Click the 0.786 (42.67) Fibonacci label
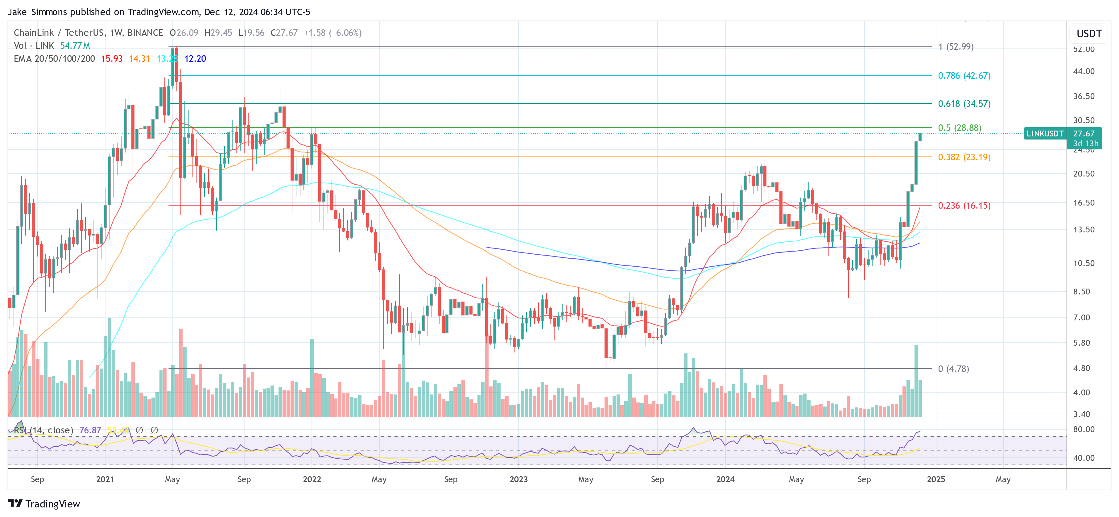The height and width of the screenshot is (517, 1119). (x=964, y=76)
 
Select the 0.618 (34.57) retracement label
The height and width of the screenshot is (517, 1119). (x=964, y=103)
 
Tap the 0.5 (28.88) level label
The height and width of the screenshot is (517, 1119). (x=959, y=128)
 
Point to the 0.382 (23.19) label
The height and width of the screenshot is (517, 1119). (x=964, y=157)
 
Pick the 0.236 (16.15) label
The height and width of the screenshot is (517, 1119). (x=964, y=205)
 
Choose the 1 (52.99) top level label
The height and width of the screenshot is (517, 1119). (x=956, y=47)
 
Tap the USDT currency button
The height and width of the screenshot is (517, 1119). (x=1088, y=34)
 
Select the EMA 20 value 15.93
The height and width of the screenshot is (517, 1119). (x=112, y=59)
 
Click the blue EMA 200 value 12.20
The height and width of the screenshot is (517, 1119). (x=195, y=59)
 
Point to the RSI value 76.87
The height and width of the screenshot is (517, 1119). (x=90, y=430)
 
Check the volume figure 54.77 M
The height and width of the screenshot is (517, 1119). (x=75, y=46)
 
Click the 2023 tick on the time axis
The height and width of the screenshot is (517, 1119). (x=518, y=479)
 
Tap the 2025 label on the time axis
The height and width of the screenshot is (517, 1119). (x=936, y=479)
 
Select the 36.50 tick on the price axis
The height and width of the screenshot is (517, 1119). (x=1084, y=96)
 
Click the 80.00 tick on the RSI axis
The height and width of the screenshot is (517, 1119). (x=1084, y=429)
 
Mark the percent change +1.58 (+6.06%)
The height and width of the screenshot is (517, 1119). (x=332, y=33)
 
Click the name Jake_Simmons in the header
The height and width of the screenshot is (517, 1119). (x=37, y=12)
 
